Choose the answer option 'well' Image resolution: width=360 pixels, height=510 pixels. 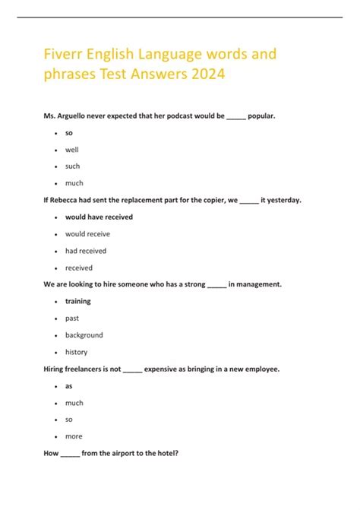pos(71,150)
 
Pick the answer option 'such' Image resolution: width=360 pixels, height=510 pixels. pos(72,166)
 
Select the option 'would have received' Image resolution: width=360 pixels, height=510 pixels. pos(99,217)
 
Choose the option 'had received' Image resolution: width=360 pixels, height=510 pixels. pos(86,251)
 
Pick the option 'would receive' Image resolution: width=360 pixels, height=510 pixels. pos(87,234)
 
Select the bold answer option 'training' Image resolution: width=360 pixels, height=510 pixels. pos(77,301)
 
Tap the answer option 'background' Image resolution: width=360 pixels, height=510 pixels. pos(84,335)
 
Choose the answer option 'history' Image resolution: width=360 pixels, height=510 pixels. pos(76,352)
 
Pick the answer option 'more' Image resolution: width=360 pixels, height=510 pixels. pos(74,436)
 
